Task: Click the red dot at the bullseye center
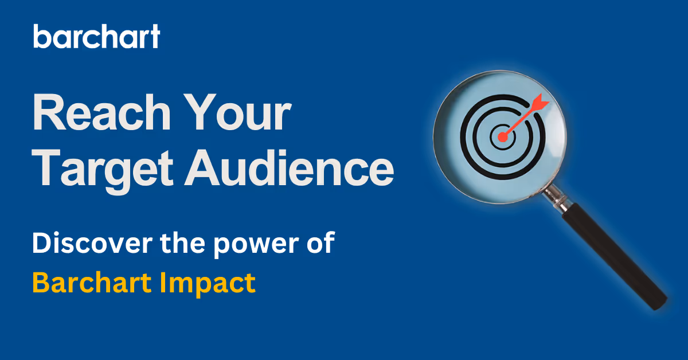click(503, 137)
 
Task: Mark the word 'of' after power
click(319, 244)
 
